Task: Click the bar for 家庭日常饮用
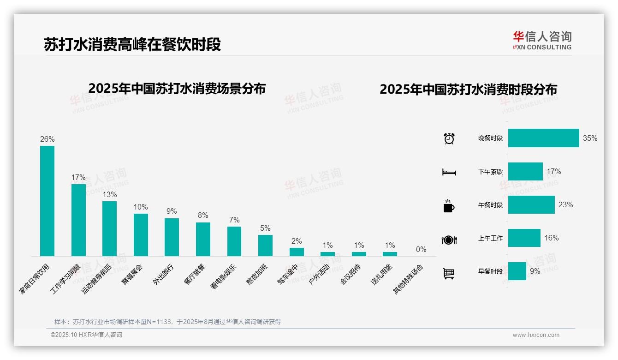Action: (x=47, y=201)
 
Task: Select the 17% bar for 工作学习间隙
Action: (x=78, y=220)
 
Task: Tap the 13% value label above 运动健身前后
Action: (x=110, y=195)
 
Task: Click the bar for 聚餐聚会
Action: (x=141, y=234)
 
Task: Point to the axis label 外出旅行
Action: (x=163, y=275)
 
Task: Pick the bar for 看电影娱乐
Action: (x=234, y=241)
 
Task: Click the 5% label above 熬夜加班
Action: (x=265, y=228)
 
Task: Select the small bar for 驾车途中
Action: (x=297, y=252)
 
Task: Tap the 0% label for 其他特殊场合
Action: (x=421, y=249)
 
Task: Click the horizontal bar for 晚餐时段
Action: (x=543, y=138)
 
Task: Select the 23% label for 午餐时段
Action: (x=565, y=204)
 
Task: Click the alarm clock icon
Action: (x=449, y=138)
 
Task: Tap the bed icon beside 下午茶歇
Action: (x=449, y=172)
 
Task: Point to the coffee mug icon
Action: (x=449, y=206)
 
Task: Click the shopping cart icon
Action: (x=449, y=273)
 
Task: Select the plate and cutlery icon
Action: (x=449, y=240)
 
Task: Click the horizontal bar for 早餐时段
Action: (x=517, y=271)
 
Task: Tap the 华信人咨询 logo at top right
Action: (x=542, y=40)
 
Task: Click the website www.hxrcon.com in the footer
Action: (x=536, y=335)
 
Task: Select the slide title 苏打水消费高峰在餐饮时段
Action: (x=132, y=44)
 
